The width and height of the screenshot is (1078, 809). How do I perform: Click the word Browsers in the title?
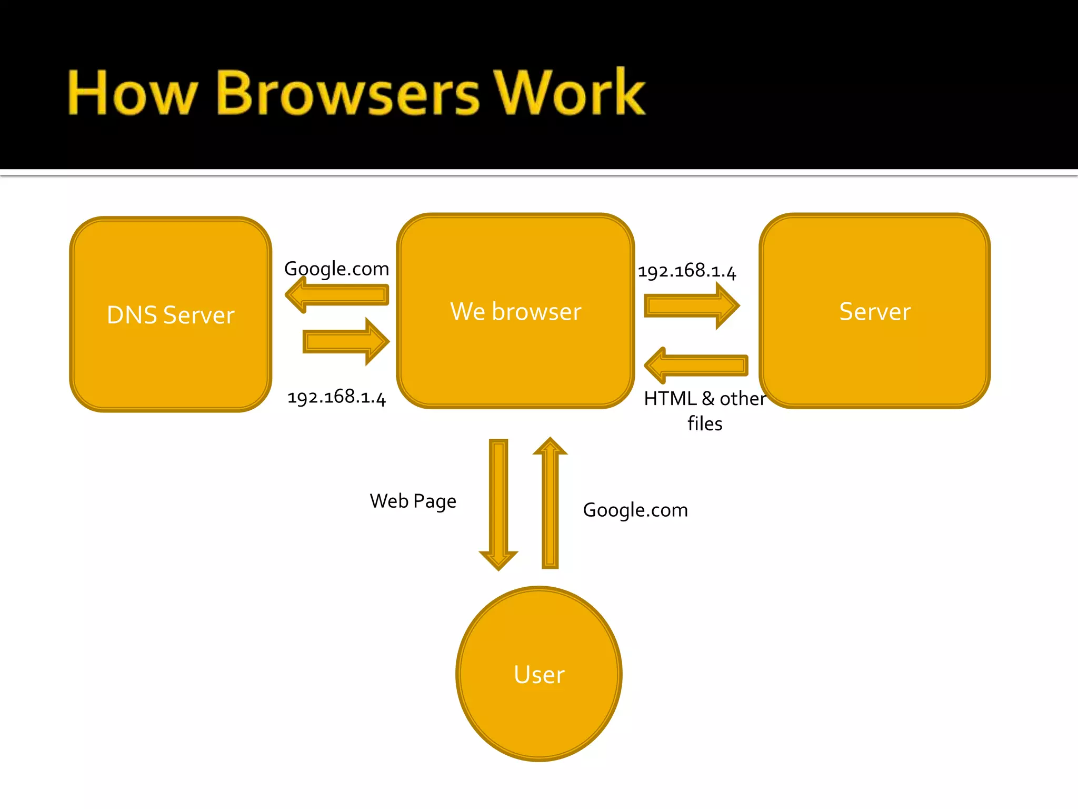pyautogui.click(x=347, y=93)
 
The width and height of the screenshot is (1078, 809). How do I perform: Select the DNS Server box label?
pyautogui.click(x=171, y=315)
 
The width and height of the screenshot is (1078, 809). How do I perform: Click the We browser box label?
pyautogui.click(x=516, y=311)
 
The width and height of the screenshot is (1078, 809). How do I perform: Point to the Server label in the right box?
pyautogui.click(x=875, y=311)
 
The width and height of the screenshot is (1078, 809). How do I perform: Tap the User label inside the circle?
pyautogui.click(x=539, y=675)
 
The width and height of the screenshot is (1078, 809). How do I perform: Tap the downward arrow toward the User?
pyautogui.click(x=498, y=503)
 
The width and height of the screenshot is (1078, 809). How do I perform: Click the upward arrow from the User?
pyautogui.click(x=550, y=503)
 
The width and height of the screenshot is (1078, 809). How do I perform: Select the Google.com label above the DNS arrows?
pyautogui.click(x=336, y=269)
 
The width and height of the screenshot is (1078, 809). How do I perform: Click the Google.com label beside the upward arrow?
pyautogui.click(x=635, y=510)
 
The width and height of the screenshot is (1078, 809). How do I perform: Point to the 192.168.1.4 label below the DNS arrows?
pyautogui.click(x=336, y=397)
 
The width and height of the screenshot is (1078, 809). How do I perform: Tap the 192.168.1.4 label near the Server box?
pyautogui.click(x=687, y=271)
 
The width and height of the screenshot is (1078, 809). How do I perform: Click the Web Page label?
pyautogui.click(x=413, y=501)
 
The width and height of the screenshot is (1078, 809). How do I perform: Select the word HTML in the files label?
pyautogui.click(x=670, y=399)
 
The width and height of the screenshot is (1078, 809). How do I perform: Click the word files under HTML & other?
pyautogui.click(x=705, y=423)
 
